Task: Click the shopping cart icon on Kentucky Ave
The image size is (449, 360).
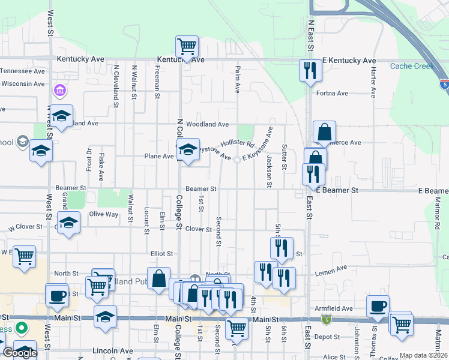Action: pyautogui.click(x=187, y=47)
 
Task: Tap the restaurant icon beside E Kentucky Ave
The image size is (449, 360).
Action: pyautogui.click(x=310, y=71)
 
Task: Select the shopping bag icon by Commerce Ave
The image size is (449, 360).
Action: pyautogui.click(x=324, y=132)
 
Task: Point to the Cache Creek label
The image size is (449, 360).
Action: pyautogui.click(x=411, y=66)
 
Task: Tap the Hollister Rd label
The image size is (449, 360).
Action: pyautogui.click(x=238, y=144)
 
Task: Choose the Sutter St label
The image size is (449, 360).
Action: pyautogui.click(x=284, y=155)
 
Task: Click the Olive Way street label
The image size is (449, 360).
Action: pyautogui.click(x=103, y=214)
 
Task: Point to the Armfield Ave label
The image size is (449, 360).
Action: pyautogui.click(x=334, y=308)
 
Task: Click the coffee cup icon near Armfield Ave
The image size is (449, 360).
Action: pyautogui.click(x=378, y=306)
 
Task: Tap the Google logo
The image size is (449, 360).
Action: pyautogui.click(x=19, y=353)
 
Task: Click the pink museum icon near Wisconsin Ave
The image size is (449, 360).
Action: pyautogui.click(x=60, y=91)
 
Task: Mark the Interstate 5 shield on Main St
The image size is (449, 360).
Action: pyautogui.click(x=325, y=319)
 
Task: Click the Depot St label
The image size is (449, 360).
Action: pyautogui.click(x=331, y=337)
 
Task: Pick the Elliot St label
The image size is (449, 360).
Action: pyautogui.click(x=161, y=254)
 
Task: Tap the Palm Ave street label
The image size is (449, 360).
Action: pyautogui.click(x=238, y=79)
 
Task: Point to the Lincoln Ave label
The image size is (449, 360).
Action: pyautogui.click(x=113, y=350)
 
